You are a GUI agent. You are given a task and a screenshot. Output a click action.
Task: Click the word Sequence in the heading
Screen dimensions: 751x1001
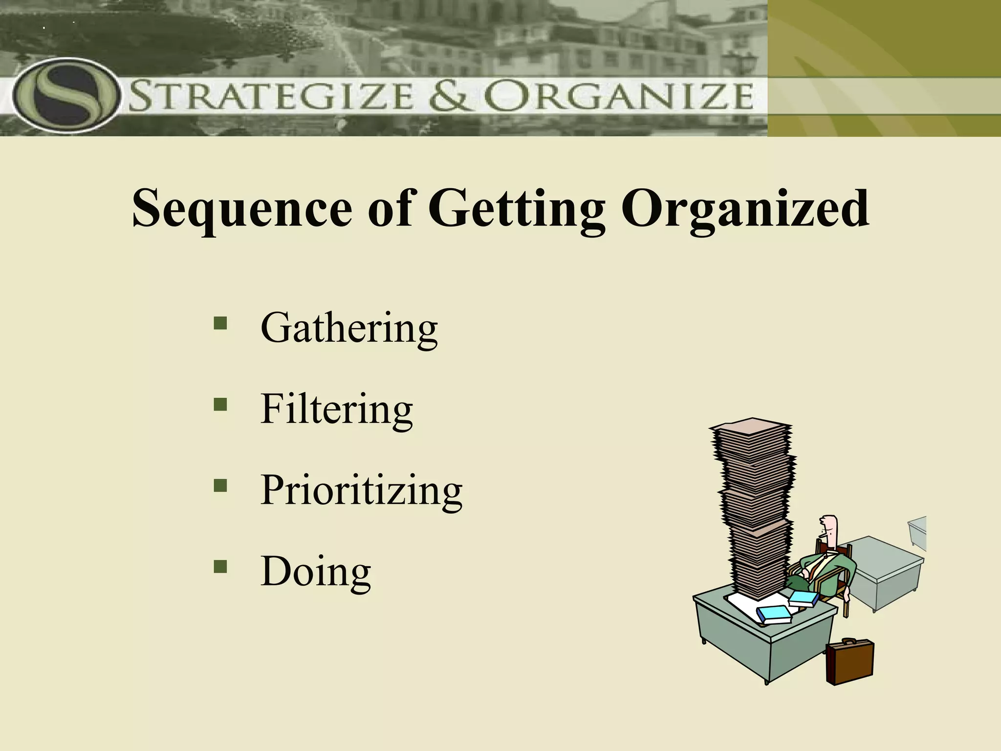pos(242,209)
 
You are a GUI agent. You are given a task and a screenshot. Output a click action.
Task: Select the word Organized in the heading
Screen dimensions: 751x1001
pos(745,209)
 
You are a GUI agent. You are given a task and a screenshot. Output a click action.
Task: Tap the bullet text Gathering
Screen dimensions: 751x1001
pos(349,328)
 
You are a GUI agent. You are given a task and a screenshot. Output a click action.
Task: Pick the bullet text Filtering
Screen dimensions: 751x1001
pos(337,409)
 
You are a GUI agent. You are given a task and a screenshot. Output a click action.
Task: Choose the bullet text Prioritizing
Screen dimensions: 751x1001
pos(361,490)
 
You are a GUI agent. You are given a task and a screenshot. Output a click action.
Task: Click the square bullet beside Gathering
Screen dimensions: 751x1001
pos(220,323)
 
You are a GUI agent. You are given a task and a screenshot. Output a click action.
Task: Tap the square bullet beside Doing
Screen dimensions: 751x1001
pos(220,566)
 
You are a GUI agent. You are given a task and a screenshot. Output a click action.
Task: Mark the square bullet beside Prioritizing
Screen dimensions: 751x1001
pos(220,485)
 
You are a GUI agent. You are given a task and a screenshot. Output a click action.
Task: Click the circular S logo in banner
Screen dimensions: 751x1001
pos(66,95)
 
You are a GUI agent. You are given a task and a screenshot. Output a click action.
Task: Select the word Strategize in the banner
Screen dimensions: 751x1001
pos(272,96)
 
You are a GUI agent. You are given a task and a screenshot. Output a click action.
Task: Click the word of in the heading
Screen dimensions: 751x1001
pos(391,209)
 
